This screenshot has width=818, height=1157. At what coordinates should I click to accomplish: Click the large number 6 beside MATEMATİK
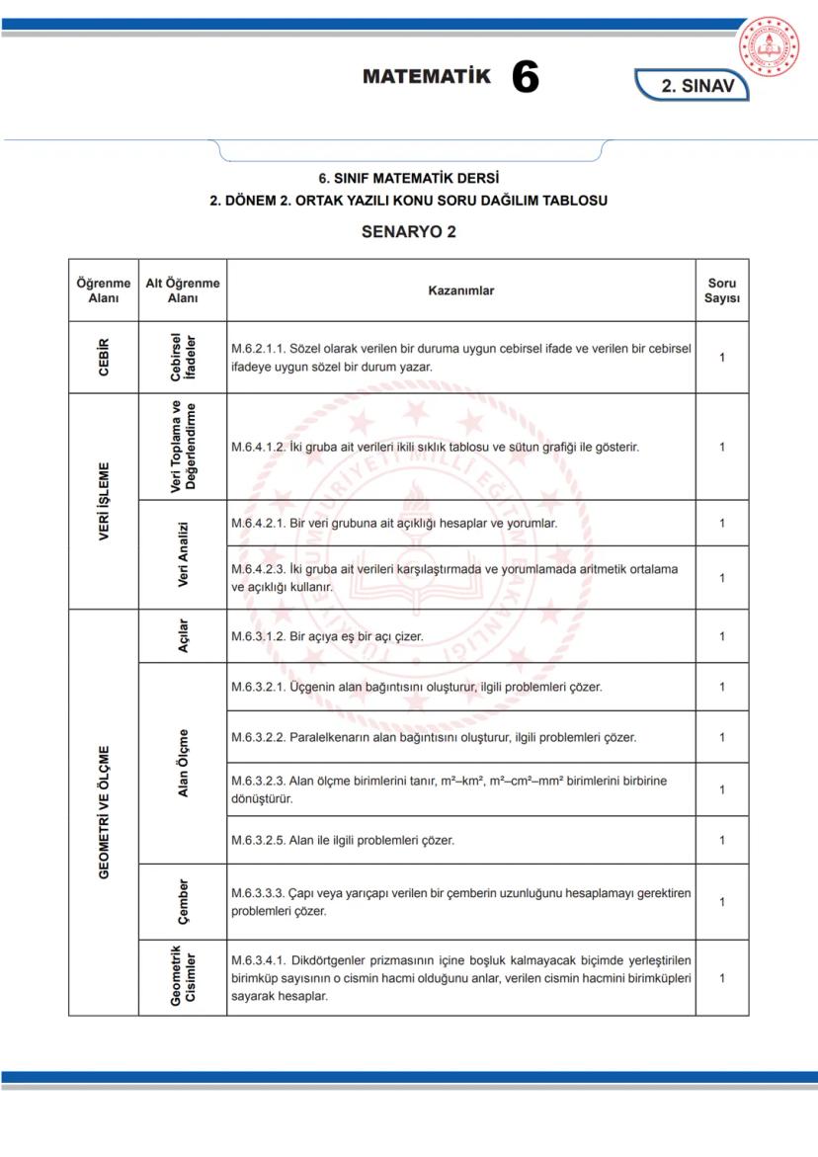(x=525, y=78)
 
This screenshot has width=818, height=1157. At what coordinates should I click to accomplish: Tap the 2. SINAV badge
(x=696, y=86)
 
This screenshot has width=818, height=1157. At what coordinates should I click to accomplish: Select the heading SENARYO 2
(x=408, y=232)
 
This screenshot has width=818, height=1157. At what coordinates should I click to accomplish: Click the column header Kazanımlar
(x=460, y=290)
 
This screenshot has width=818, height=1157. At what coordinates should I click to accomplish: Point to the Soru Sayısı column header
(x=721, y=290)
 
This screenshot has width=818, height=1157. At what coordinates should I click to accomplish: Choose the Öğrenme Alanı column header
(x=104, y=290)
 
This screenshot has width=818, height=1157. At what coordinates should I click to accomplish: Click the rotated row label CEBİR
(x=104, y=357)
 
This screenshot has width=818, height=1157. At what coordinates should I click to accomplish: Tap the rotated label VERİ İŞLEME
(x=104, y=501)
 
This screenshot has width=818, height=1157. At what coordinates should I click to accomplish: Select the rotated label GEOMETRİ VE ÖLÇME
(x=104, y=812)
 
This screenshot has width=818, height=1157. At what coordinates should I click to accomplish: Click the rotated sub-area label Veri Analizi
(x=183, y=553)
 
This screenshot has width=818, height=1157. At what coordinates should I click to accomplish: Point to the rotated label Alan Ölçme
(x=183, y=763)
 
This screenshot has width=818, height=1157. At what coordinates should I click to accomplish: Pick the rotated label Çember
(x=183, y=901)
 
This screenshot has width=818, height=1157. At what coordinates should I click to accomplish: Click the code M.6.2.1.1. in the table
(x=260, y=349)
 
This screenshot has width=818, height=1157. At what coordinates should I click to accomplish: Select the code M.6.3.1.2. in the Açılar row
(x=260, y=636)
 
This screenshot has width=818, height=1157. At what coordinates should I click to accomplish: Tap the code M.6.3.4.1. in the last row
(x=260, y=960)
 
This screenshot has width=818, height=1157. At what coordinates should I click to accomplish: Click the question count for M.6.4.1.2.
(x=722, y=447)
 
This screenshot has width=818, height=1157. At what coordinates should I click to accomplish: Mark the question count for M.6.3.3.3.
(x=722, y=901)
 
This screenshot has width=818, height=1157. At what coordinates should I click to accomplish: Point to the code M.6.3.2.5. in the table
(x=260, y=841)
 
